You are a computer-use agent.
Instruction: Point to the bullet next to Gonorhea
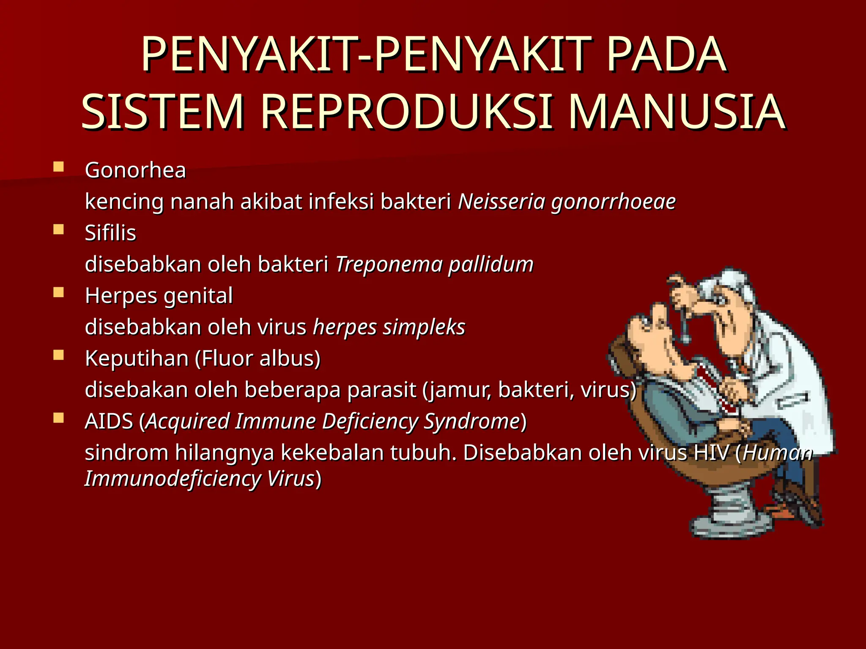click(x=58, y=167)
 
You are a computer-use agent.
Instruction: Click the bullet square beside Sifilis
click(x=58, y=229)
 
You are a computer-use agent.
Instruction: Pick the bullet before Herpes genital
click(x=58, y=292)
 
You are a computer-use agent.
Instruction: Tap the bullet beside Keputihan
click(x=58, y=355)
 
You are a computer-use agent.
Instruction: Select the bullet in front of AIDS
click(x=58, y=418)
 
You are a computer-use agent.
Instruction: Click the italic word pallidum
click(x=491, y=265)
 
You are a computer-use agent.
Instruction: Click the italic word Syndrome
click(x=471, y=422)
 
